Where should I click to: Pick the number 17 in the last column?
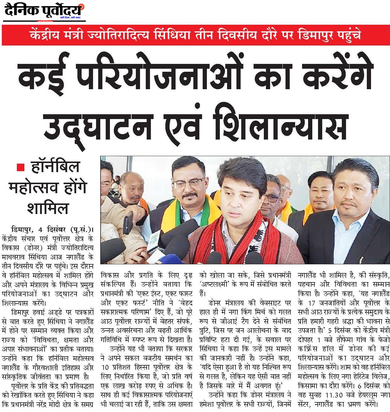312,302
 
